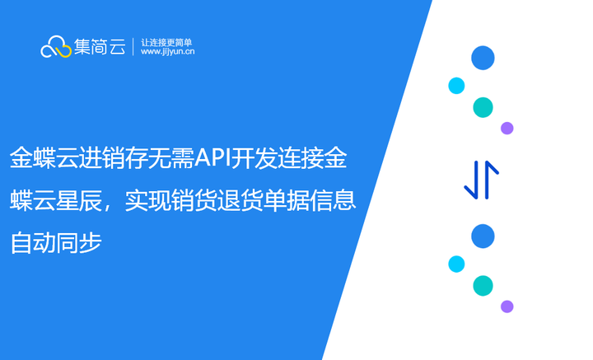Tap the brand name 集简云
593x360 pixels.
tap(100, 47)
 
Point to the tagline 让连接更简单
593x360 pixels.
tap(166, 41)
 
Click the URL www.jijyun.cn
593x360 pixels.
tap(167, 52)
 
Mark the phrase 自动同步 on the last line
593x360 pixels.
tap(56, 243)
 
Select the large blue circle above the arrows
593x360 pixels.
tap(483, 58)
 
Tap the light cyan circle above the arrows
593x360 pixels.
tap(456, 86)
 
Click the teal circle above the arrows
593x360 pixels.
tap(483, 107)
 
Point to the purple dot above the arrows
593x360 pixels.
tap(507, 128)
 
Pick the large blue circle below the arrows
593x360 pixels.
tap(483, 236)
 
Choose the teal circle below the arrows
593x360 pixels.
tap(483, 286)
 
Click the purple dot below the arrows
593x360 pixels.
tap(507, 306)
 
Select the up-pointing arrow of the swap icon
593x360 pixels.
tap(491, 180)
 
